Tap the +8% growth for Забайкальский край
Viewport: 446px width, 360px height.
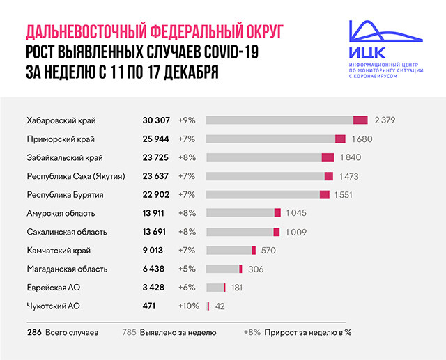tap(187, 157)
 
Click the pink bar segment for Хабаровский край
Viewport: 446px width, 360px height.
tap(360, 120)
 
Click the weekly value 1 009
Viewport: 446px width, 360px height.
tap(294, 231)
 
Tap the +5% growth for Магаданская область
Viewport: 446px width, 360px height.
tap(187, 269)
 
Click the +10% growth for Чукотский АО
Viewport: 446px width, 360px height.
tap(188, 306)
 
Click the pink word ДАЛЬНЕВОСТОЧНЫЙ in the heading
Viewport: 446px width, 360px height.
tap(84, 32)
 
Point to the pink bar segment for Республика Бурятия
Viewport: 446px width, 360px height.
tap(324, 194)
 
